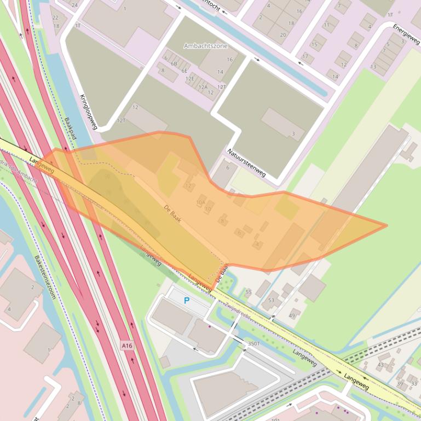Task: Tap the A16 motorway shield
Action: point(127,346)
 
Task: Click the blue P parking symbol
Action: point(187,300)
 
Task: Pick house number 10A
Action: point(200,202)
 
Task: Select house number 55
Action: point(249,293)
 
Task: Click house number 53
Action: point(271,300)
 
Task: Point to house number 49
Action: point(291,315)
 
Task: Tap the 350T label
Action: point(253,343)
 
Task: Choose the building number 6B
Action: point(174,64)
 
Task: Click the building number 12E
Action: point(190,79)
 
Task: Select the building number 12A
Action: point(203,87)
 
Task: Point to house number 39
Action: point(400,384)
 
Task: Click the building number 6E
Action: point(184,71)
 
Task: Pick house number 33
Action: point(414,384)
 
